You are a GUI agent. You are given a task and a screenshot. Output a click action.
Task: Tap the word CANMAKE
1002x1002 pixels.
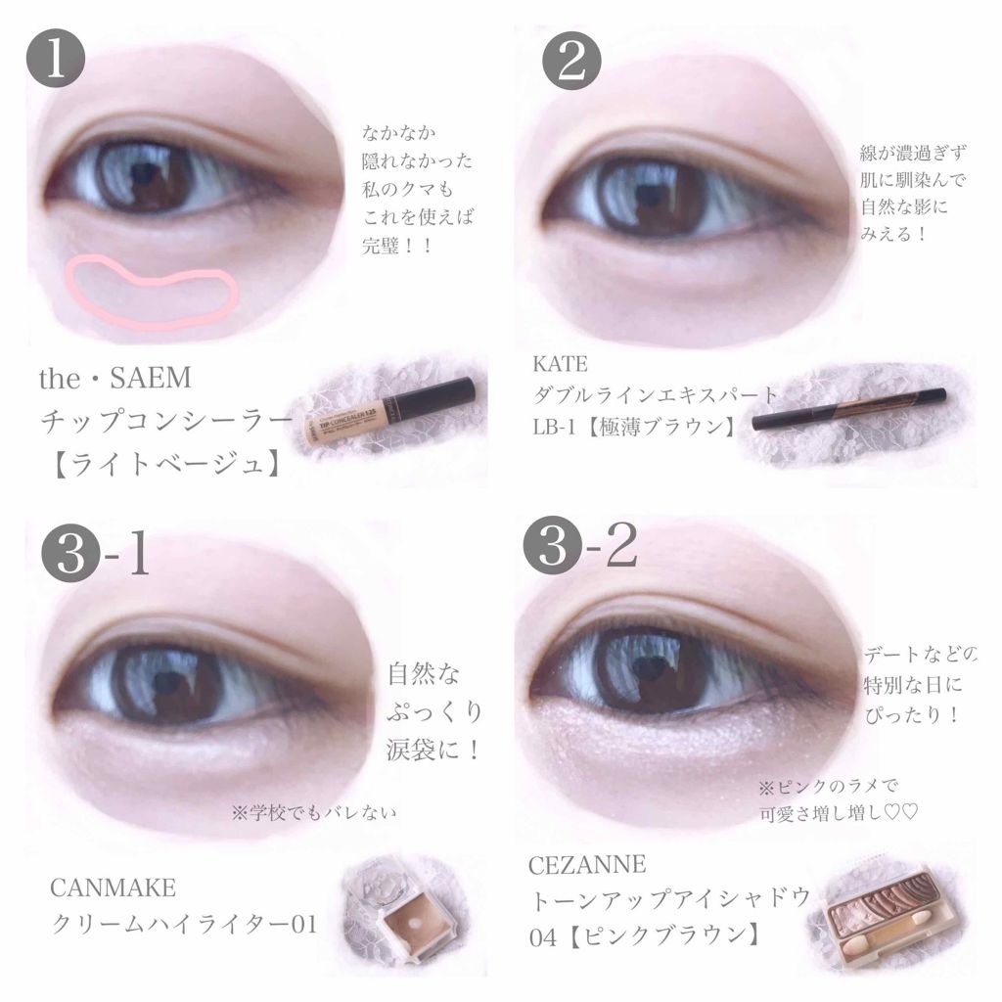[x=113, y=889]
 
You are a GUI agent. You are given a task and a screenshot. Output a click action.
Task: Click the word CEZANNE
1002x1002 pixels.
[x=590, y=863]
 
